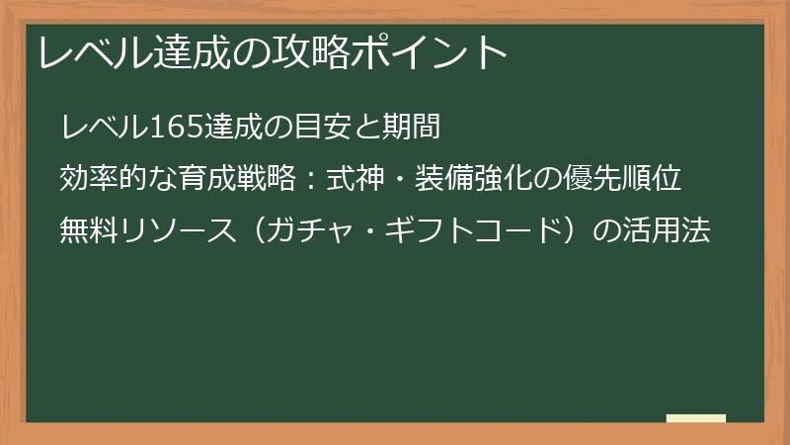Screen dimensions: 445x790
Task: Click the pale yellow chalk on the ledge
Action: pos(696,418)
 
